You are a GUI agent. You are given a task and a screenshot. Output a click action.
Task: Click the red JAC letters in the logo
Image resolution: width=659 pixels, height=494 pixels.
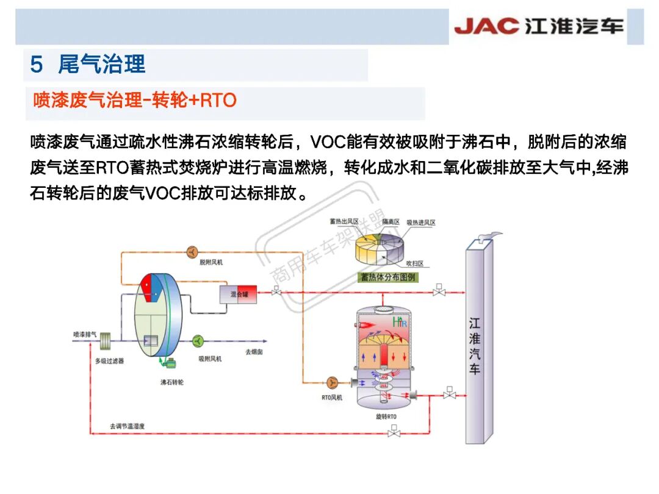tap(486, 26)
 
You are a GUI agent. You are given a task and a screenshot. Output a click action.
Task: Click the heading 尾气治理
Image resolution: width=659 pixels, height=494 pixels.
tap(101, 64)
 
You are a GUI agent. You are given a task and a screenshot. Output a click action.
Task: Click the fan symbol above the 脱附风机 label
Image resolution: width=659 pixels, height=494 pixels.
tap(192, 251)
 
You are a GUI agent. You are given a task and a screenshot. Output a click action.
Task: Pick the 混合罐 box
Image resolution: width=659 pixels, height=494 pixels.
tap(239, 295)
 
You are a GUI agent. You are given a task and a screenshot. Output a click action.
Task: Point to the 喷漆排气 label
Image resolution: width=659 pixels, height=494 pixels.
tap(85, 334)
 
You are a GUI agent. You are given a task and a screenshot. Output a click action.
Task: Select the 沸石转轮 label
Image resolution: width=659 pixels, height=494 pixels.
tap(171, 382)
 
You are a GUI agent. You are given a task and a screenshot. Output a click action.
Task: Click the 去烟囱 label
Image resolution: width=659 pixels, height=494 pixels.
tap(254, 352)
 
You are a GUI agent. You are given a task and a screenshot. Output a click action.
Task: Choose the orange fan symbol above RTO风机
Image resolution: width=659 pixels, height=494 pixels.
tap(333, 382)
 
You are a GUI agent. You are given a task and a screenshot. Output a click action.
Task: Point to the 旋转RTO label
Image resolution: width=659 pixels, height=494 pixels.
tap(386, 417)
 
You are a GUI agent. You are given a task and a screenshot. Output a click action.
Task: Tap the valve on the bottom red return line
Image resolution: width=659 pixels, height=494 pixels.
tap(394, 433)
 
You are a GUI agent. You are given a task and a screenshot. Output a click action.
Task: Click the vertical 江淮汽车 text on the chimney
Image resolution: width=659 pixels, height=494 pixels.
tap(474, 345)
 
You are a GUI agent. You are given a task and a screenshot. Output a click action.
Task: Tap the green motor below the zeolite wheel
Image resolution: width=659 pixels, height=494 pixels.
tap(169, 363)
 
